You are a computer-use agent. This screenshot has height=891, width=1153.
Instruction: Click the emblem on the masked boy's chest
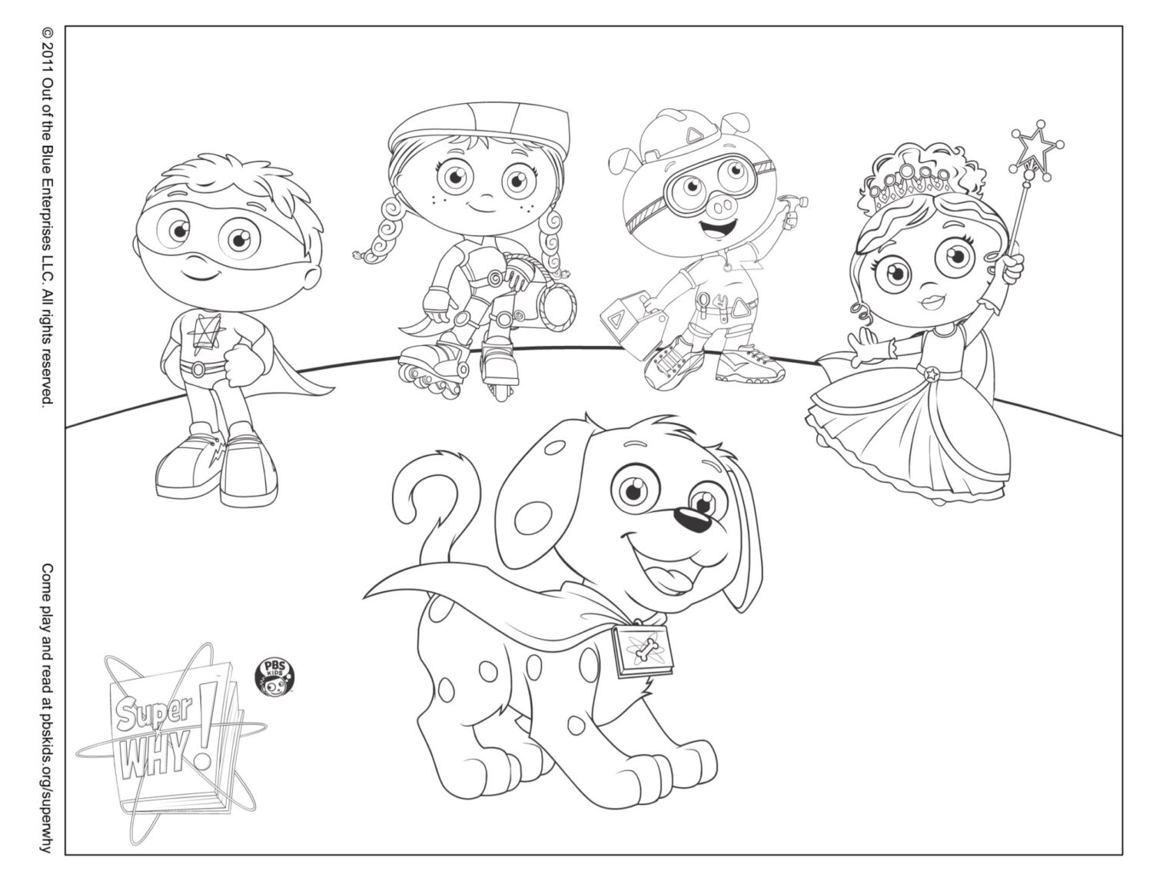(203, 332)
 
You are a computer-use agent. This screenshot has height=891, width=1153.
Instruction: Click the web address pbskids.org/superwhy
(48, 753)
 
